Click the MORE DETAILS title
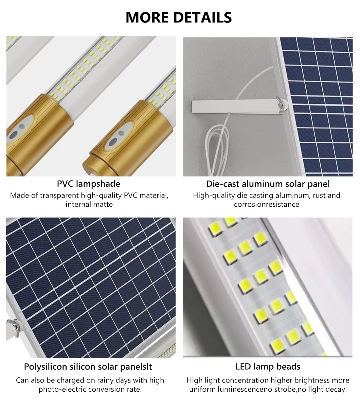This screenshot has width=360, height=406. pos(179,17)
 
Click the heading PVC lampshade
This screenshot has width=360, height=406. pos(88,184)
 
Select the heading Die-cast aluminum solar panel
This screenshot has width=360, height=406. pos(268,184)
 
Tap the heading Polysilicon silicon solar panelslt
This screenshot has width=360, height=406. pos(88,367)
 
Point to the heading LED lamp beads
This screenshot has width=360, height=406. pos(268,367)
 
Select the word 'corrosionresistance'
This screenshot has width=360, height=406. pos(266,205)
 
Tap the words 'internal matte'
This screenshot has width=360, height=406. pos(89,205)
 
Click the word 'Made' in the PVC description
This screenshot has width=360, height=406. pos(18,196)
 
